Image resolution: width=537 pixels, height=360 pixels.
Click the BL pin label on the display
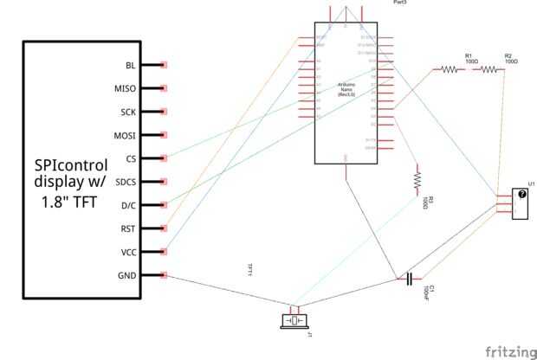130,65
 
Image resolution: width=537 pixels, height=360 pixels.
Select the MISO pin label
125,88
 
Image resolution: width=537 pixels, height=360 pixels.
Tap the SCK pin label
127,112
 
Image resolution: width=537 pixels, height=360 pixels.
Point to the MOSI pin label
125,135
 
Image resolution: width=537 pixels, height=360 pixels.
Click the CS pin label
130,158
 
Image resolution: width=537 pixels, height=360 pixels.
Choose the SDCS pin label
126,182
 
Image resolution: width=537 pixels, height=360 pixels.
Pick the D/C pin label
128,205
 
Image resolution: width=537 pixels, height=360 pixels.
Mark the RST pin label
127,228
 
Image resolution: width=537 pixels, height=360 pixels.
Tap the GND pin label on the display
126,275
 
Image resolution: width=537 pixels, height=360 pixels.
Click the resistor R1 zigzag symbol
450,71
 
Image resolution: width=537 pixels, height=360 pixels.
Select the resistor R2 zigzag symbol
489,71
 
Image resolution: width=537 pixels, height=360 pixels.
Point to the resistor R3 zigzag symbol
417,179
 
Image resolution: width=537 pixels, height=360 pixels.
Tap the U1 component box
521,203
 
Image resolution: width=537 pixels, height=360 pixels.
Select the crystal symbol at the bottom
294,320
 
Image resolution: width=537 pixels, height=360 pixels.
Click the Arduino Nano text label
347,87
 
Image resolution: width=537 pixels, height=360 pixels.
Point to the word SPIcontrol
71,164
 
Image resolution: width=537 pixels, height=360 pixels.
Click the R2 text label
508,55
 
